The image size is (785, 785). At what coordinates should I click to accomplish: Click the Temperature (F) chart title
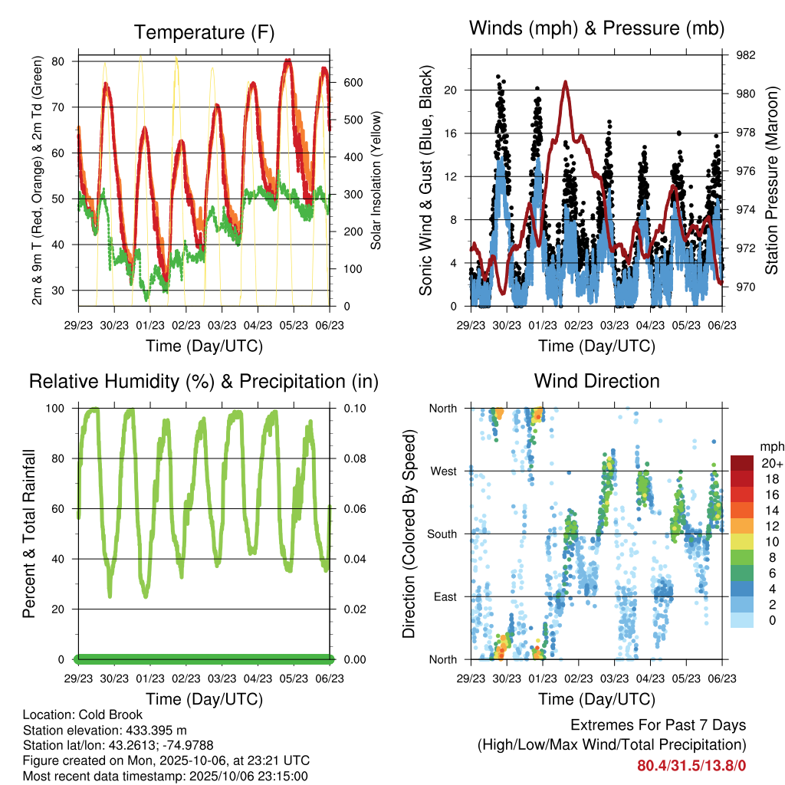coord(204,32)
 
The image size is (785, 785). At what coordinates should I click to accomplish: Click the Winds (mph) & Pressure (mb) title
coord(596,28)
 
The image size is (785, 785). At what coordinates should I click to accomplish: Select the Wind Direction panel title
coord(596,381)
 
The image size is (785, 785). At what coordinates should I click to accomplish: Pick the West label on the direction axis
coord(442,471)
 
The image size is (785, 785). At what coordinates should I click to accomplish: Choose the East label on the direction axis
coord(444,596)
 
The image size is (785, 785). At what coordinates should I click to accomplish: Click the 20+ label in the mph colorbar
coord(772,463)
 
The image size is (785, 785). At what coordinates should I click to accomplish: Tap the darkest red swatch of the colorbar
coord(742,462)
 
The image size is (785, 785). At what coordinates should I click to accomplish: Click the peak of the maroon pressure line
coord(565,81)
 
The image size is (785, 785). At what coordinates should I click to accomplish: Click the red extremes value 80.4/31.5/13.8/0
coord(691,765)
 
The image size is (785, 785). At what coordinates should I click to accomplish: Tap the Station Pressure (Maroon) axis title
coord(772,181)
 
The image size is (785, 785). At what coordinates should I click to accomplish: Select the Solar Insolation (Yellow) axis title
coord(376,181)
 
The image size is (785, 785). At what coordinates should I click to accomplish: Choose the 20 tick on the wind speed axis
coord(451,90)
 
